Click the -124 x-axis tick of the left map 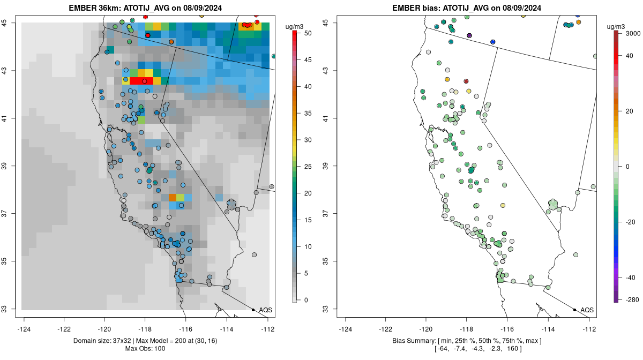point(25,328)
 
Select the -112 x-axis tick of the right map point(589,328)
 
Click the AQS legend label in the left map point(266,310)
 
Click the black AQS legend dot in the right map point(574,310)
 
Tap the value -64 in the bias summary point(444,349)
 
